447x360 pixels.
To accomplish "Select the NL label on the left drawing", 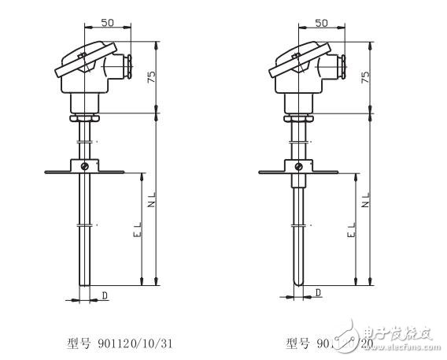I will (152, 201).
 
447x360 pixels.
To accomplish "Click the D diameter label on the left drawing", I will (105, 295).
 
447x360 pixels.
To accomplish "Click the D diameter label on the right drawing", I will (318, 293).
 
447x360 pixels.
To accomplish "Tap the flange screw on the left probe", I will (86, 165).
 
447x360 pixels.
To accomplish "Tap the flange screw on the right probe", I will (299, 165).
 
